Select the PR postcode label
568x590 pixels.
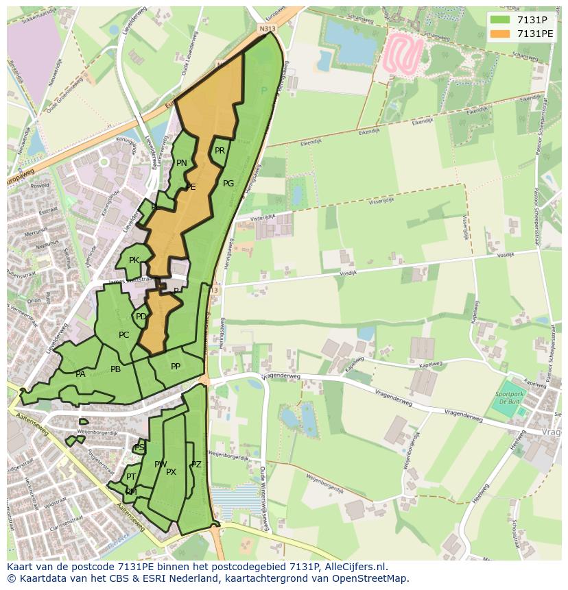[x=220, y=151]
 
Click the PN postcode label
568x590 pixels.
[x=181, y=163]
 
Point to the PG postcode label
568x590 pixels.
[x=228, y=183]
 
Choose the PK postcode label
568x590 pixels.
[x=134, y=260]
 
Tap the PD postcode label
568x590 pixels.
[x=141, y=317]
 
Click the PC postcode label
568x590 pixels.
[x=123, y=335]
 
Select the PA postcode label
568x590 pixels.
[x=80, y=374]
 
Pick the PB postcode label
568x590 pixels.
[x=115, y=369]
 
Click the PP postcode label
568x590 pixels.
[x=176, y=367]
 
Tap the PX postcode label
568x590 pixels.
[x=171, y=471]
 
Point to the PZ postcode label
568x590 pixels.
[x=196, y=465]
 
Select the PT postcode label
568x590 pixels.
[x=131, y=477]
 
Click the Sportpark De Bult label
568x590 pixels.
[x=508, y=397]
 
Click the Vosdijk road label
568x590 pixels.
[x=350, y=271]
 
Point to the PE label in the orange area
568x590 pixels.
[x=191, y=186]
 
